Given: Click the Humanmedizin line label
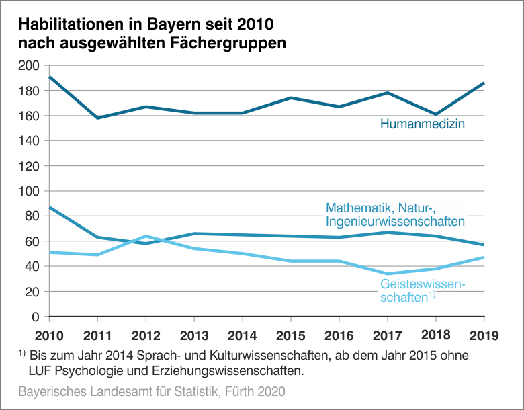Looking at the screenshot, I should point(423,124).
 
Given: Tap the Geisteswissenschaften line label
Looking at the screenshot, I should point(422,290).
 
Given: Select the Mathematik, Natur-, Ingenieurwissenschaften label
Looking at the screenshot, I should point(395,214).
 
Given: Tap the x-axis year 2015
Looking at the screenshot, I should point(291,335).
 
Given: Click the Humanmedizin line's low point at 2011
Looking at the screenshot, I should point(98,118).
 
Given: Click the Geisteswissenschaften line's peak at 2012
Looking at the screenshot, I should point(146,236).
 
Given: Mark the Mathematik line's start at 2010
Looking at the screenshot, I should point(50,207).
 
